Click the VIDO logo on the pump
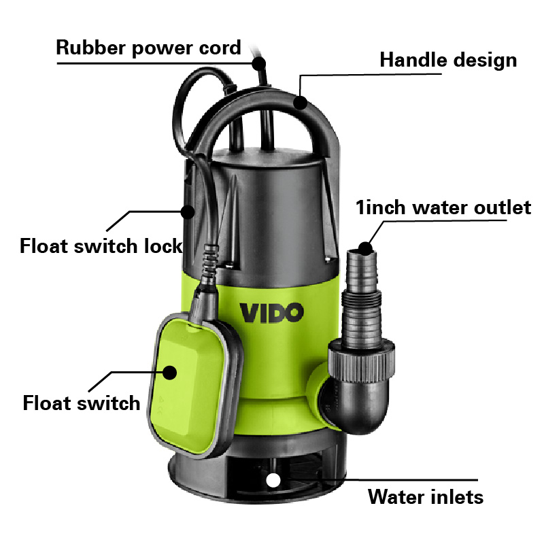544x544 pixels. click(271, 313)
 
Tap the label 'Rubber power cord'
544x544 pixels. click(148, 48)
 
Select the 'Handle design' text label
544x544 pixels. click(448, 61)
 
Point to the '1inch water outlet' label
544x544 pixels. click(443, 207)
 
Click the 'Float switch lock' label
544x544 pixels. click(101, 246)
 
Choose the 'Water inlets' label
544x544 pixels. click(426, 497)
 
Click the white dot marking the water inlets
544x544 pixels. click(273, 481)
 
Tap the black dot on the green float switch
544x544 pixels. click(169, 373)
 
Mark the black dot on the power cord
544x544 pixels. click(259, 64)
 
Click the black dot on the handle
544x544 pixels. click(301, 103)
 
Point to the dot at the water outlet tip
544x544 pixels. click(365, 248)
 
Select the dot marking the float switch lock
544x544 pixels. click(188, 211)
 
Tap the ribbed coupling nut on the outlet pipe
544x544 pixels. click(362, 361)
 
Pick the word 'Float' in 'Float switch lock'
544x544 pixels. click(44, 246)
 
